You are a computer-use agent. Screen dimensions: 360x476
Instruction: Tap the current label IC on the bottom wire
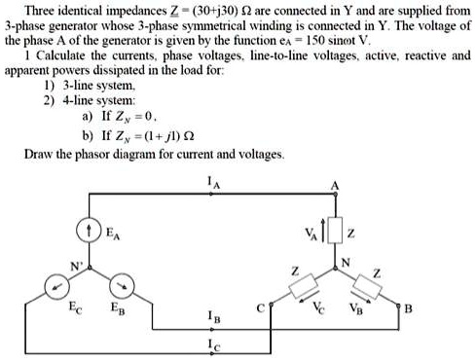click(212, 344)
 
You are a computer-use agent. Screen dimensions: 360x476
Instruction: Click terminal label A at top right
click(336, 185)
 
